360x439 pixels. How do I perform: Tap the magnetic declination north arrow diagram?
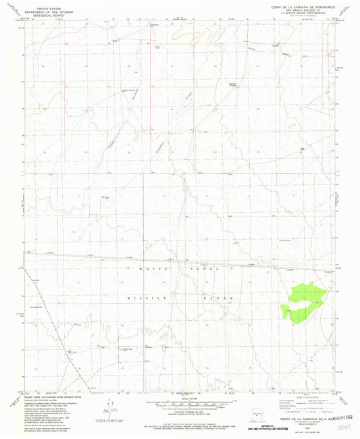107,408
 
